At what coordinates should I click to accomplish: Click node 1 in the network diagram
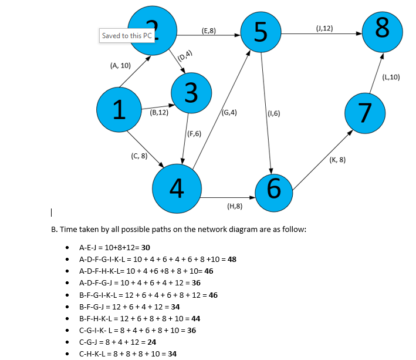click(119, 109)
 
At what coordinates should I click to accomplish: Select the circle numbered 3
click(191, 93)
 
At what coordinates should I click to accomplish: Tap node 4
click(177, 189)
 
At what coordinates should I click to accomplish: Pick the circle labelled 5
click(261, 32)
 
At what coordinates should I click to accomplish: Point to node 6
click(274, 193)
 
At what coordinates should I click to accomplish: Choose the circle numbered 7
click(365, 113)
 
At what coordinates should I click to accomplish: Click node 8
click(383, 32)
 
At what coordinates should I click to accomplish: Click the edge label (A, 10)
click(120, 66)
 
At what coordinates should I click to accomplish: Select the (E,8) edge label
click(209, 31)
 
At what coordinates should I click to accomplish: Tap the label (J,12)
click(324, 28)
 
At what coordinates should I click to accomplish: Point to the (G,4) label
click(229, 113)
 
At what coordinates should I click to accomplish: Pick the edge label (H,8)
click(235, 206)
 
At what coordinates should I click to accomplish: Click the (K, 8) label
click(337, 160)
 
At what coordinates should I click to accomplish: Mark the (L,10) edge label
click(391, 78)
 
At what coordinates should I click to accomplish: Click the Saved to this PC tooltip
click(127, 36)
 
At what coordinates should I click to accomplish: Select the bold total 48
click(232, 260)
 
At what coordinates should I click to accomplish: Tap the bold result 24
click(152, 342)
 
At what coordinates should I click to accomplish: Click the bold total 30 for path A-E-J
click(146, 247)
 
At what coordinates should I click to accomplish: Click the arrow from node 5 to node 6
click(266, 113)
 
